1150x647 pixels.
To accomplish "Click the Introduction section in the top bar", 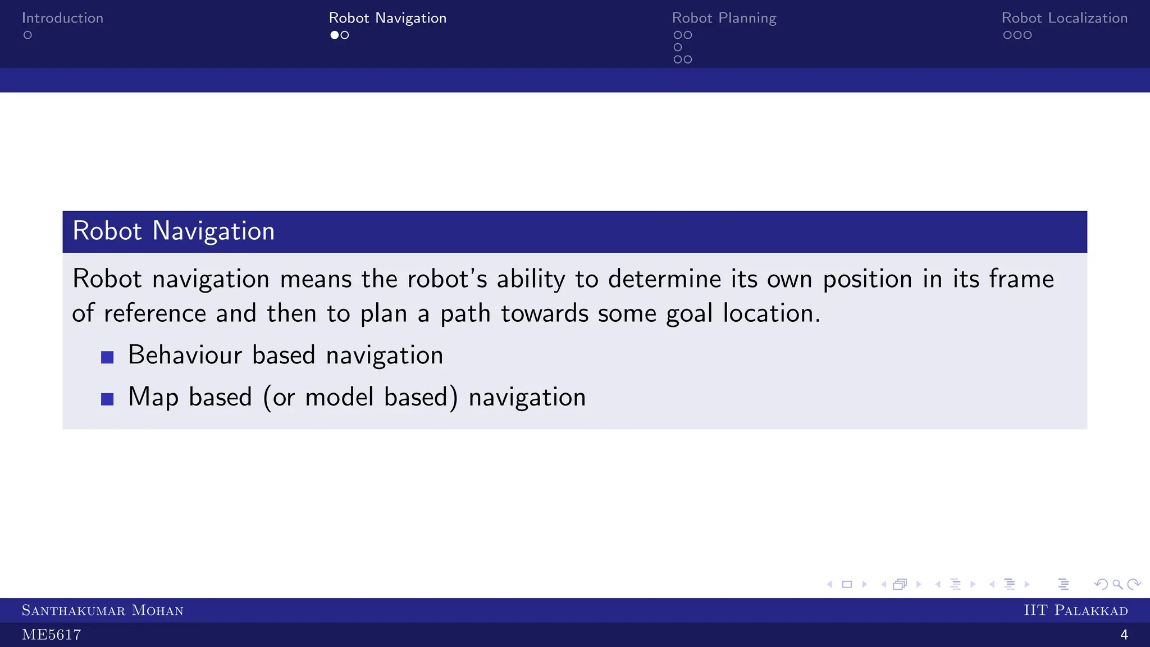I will point(62,18).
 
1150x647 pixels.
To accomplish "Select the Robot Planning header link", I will point(724,18).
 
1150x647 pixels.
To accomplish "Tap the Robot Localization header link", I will point(1064,18).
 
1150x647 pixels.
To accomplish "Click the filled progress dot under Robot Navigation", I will point(335,35).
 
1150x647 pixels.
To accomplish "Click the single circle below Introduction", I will point(28,35).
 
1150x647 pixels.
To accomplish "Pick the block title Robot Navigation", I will point(174,231).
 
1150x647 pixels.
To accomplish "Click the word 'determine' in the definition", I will point(664,279).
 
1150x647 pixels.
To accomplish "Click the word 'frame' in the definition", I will point(1021,279).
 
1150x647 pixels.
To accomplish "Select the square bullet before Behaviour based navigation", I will point(107,357).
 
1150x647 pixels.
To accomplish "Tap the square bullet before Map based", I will point(107,399).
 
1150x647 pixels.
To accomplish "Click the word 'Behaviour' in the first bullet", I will point(185,355).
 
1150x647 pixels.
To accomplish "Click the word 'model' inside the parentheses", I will point(339,397).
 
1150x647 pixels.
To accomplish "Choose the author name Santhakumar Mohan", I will point(102,610).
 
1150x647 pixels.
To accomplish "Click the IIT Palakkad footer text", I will point(1075,610).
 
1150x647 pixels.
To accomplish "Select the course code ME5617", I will point(51,635).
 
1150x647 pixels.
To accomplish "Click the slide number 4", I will point(1124,635).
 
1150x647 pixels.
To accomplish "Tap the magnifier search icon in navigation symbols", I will point(1117,585).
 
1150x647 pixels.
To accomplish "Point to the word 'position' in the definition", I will point(867,279).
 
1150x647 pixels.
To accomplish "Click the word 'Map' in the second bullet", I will point(153,397).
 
